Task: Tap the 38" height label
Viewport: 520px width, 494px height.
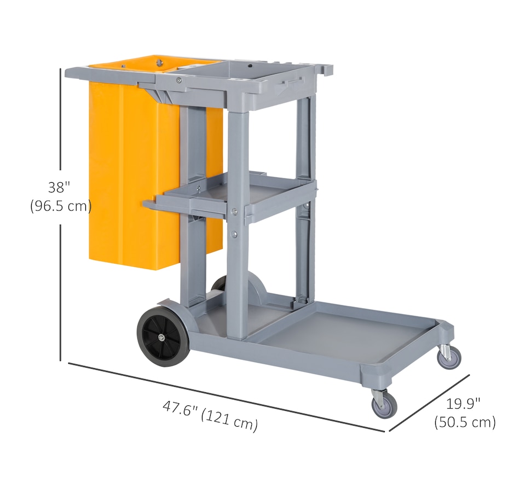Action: coord(59,187)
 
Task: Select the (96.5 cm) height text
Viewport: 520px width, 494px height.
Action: coord(61,206)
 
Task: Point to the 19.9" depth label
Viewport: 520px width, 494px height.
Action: coord(463,404)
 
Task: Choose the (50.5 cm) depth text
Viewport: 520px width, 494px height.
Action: coord(465,422)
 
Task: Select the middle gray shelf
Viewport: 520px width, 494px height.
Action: coord(232,197)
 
